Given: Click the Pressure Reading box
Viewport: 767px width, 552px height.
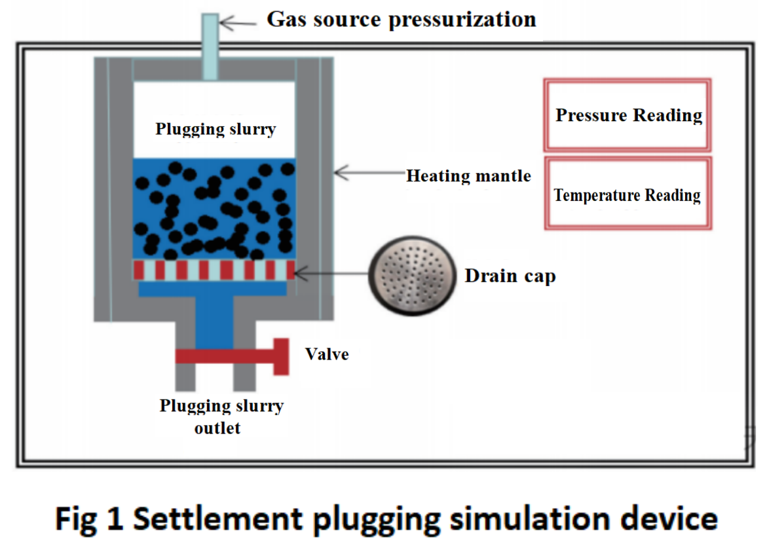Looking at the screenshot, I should pyautogui.click(x=627, y=115).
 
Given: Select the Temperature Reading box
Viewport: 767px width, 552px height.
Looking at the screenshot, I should pyautogui.click(x=627, y=194).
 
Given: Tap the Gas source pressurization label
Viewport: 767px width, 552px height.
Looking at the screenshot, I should pyautogui.click(x=401, y=19).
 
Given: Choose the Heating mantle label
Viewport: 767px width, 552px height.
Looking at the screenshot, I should pyautogui.click(x=468, y=175).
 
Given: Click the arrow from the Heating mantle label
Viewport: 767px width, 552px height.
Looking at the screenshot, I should pyautogui.click(x=367, y=174).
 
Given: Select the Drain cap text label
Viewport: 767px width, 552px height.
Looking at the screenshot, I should pyautogui.click(x=510, y=276).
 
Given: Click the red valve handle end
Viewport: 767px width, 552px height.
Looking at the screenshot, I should pyautogui.click(x=281, y=356).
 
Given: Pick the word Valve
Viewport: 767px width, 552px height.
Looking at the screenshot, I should pyautogui.click(x=327, y=354).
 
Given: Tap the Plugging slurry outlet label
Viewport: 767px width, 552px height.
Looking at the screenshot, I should pyautogui.click(x=221, y=416).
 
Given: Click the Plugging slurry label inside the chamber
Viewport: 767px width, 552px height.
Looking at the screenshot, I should pyautogui.click(x=215, y=128).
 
